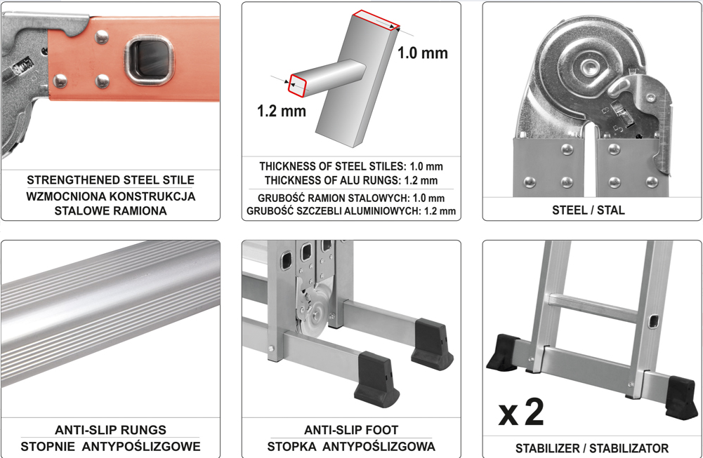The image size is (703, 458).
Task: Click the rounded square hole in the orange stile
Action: coord(150,61)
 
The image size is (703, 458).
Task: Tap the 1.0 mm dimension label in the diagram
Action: coord(422,53)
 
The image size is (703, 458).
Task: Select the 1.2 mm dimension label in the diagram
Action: coord(282,111)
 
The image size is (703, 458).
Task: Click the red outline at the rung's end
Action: coord(298,85)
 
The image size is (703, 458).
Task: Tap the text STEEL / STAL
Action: coord(589,210)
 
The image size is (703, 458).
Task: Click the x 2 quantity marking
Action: coord(521,412)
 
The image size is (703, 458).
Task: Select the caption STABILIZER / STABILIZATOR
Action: coord(592,447)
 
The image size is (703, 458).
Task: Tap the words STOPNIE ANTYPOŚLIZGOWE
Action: coord(110,446)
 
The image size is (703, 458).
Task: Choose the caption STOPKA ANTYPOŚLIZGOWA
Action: coord(351,446)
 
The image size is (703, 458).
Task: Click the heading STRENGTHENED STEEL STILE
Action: coord(110,180)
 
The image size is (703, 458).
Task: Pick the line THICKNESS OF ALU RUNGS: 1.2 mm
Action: coord(351,180)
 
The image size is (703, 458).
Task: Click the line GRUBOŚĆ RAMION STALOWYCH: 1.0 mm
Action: coord(351,198)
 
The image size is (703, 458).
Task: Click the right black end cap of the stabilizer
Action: coord(681,398)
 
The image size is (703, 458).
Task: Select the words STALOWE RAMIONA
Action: coord(110,210)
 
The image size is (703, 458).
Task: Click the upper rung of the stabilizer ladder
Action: coord(593,307)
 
